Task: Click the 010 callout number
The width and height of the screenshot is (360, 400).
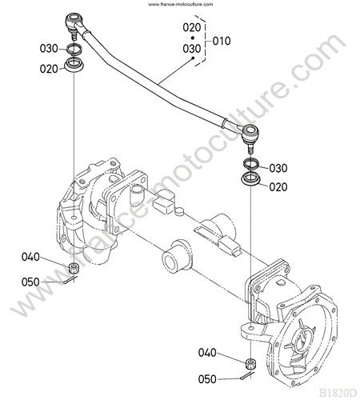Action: coord(222,42)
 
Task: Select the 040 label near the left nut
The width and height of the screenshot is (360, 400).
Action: coord(30,257)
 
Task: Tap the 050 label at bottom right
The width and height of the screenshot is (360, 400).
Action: coord(207,379)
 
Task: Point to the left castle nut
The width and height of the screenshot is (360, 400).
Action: coord(73,267)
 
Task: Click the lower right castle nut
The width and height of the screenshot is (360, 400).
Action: coord(250,364)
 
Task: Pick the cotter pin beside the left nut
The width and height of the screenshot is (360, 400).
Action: coord(70,280)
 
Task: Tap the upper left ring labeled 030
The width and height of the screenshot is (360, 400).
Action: coord(74,49)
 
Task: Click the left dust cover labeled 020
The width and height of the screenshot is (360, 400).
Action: coord(74,65)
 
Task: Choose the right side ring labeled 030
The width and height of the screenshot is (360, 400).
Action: coord(251,163)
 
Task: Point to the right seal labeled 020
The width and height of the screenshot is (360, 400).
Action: coord(250,178)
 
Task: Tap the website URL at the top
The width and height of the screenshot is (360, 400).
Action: coord(181,4)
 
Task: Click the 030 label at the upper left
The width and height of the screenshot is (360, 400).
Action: coord(49,49)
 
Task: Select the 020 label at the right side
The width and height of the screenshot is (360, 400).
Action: coord(278,187)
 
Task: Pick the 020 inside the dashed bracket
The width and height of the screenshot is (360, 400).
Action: coord(192,27)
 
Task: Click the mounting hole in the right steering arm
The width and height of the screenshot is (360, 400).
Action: coord(251,327)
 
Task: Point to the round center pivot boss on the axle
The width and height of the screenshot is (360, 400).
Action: coord(177,255)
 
